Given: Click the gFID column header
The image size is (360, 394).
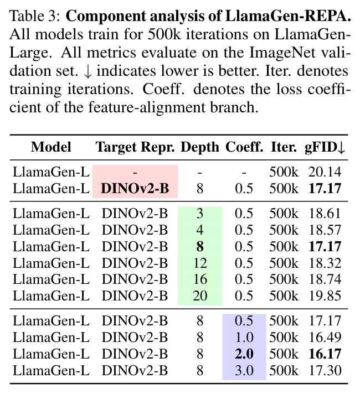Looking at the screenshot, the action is coord(325,147).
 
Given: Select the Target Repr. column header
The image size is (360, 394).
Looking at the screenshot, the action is coord(135,148).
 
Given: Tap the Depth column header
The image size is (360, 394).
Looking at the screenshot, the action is coord(200,148).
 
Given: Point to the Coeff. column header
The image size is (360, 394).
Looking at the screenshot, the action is coord(244,147).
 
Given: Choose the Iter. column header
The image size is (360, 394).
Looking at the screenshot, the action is coord(284,147).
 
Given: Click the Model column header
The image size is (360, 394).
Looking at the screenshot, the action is coord(51,147).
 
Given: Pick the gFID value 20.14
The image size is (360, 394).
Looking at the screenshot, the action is coord(325,173).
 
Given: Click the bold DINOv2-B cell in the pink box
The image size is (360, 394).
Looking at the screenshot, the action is coord(135,189).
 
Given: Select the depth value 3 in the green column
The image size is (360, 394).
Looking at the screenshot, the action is coord(200,214).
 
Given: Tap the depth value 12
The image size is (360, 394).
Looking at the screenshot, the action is coord(200,263).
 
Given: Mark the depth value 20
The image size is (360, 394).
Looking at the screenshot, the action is coord(200,296).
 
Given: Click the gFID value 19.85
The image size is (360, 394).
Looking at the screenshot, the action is coord(325,296).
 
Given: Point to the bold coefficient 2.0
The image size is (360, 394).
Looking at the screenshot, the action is coord(244,354).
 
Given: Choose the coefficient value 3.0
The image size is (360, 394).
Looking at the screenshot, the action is coord(244,371).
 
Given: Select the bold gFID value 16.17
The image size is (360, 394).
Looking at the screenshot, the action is coord(325,354).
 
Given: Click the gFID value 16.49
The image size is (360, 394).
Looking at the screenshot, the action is coord(325,338).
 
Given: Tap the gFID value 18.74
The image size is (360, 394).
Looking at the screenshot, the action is coord(325,279).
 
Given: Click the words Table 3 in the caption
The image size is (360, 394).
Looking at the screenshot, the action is coord(34,16).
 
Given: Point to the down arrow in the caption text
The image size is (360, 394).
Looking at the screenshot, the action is coord(88,72).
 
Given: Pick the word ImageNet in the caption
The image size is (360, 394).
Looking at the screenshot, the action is coord(282,53).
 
